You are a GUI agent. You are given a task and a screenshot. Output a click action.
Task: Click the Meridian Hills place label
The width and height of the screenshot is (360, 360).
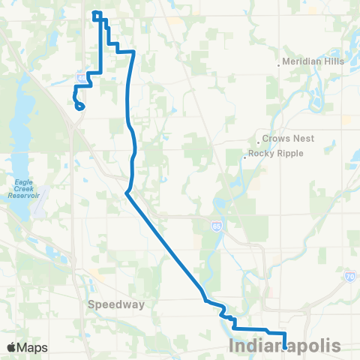coord(314,61)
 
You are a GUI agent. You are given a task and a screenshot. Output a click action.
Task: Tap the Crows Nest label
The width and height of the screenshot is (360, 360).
coord(289,139)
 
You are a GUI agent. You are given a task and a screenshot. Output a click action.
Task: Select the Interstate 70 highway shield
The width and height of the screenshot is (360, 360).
coord(350,277)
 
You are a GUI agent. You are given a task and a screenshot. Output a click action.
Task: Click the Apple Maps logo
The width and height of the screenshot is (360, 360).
coord(27,347)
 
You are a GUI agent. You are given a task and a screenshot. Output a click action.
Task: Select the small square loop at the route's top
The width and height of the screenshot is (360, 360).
coord(96,15)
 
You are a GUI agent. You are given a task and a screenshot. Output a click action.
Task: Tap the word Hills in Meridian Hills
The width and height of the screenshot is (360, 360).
coord(331,61)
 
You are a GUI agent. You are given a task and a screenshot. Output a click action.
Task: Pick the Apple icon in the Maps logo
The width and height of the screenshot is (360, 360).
coord(11,347)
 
